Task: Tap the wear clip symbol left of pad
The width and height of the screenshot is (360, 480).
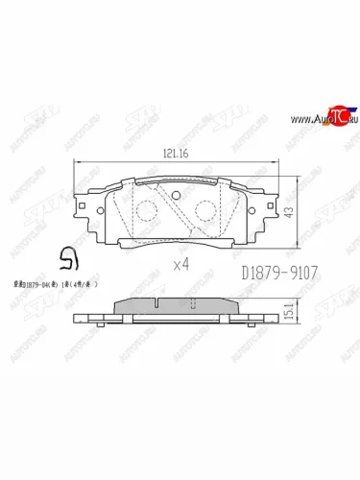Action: (67, 256)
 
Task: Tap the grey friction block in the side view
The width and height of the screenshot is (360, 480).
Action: (144, 305)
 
